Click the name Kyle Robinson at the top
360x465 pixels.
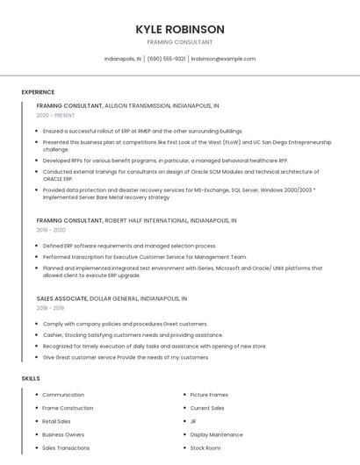pyautogui.click(x=180, y=29)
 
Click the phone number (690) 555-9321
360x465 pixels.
pyautogui.click(x=166, y=59)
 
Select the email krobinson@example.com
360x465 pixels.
pyautogui.click(x=223, y=59)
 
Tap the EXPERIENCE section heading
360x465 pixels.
pyautogui.click(x=38, y=92)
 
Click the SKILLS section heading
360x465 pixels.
pyautogui.click(x=31, y=378)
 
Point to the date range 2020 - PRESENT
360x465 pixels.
pyautogui.click(x=55, y=115)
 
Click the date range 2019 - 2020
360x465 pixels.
pyautogui.click(x=51, y=230)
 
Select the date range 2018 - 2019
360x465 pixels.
pyautogui.click(x=51, y=308)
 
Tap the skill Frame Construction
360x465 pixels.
pyautogui.click(x=68, y=408)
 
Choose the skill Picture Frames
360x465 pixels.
pyautogui.click(x=209, y=395)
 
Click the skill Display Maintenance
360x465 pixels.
pyautogui.click(x=216, y=434)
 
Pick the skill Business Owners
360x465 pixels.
pyautogui.click(x=63, y=434)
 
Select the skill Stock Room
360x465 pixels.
pyautogui.click(x=205, y=447)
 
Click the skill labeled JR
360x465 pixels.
pyautogui.click(x=193, y=421)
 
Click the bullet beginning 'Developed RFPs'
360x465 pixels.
pyautogui.click(x=165, y=161)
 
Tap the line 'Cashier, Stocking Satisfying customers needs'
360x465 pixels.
pyautogui.click(x=120, y=335)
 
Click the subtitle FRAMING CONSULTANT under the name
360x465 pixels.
pyautogui.click(x=180, y=42)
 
